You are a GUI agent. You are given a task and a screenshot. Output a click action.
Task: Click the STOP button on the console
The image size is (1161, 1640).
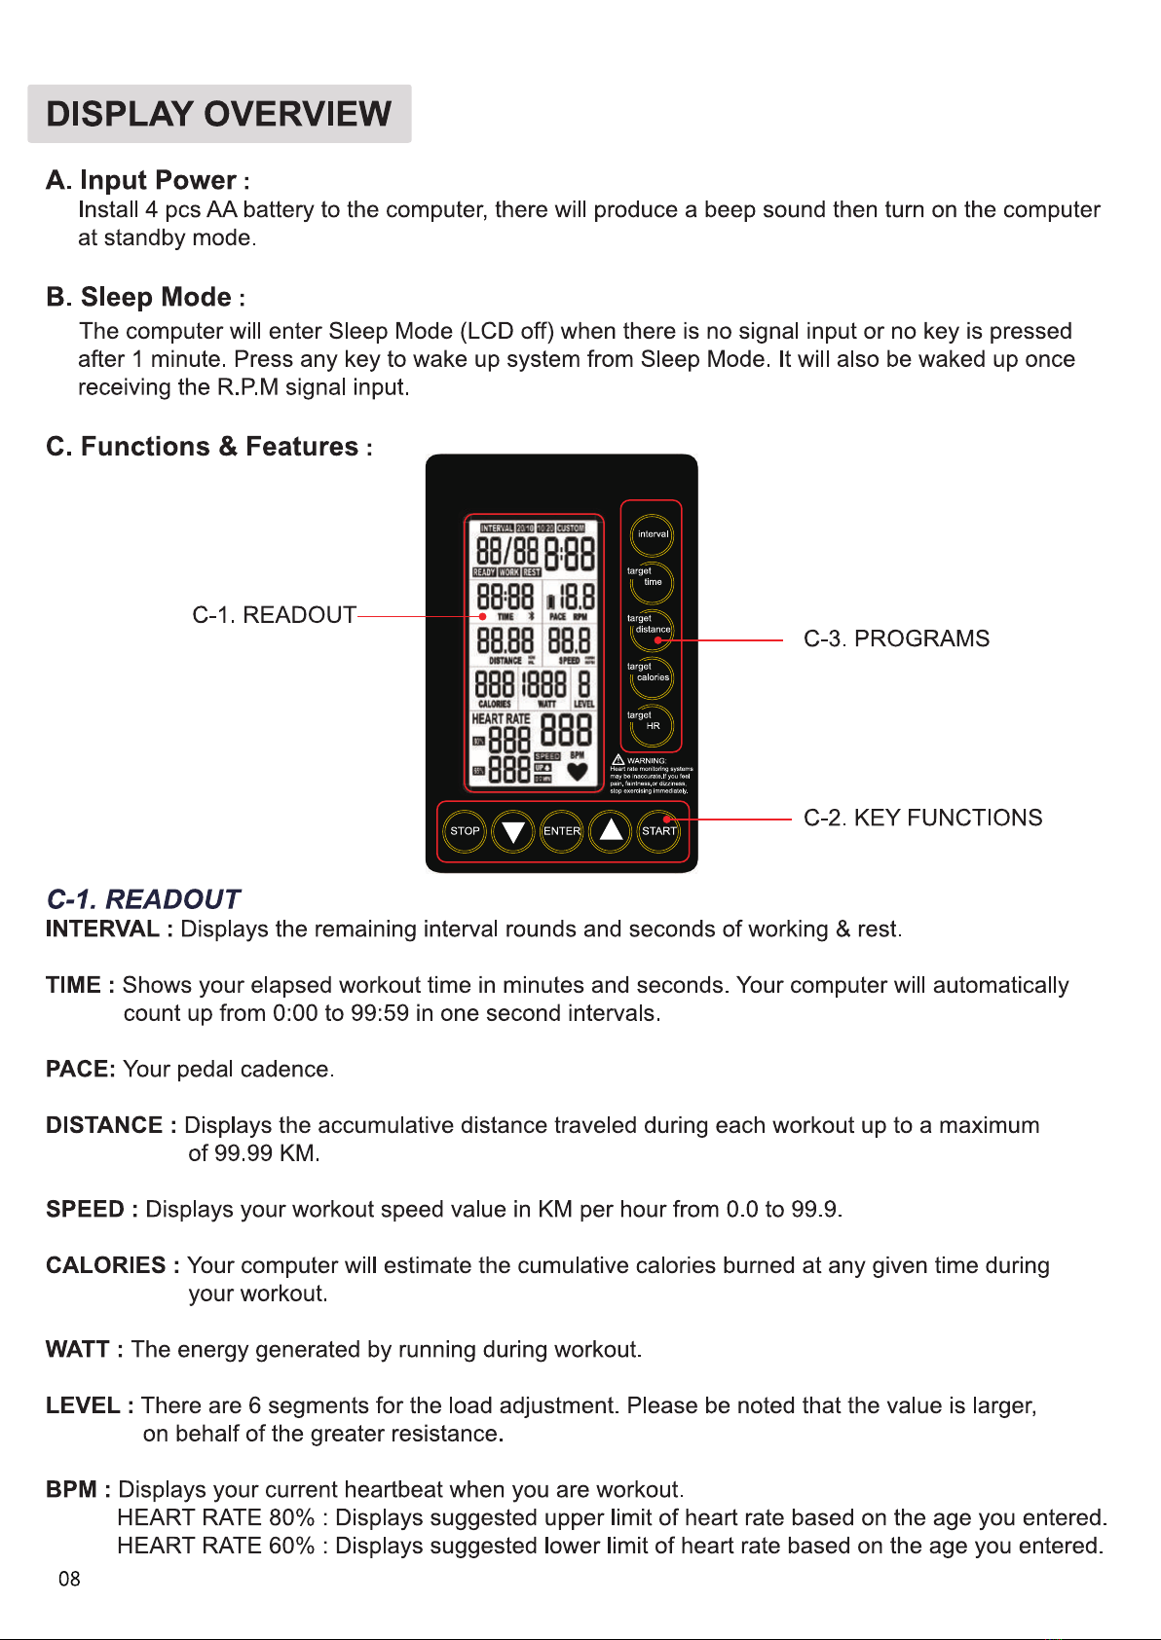tap(465, 831)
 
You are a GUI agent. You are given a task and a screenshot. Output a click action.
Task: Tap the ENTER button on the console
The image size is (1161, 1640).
tap(561, 831)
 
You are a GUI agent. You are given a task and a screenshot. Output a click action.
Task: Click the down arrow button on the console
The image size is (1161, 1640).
tap(513, 832)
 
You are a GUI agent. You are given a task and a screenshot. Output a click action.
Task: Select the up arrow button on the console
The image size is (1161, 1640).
tap(611, 830)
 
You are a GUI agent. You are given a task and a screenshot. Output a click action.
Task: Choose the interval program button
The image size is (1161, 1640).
tap(653, 534)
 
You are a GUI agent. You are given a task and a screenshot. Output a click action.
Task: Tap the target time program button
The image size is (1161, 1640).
tap(653, 582)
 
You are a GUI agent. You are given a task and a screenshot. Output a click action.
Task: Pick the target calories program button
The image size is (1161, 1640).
tap(653, 677)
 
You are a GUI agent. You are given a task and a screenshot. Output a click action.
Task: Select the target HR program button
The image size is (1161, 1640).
tap(653, 726)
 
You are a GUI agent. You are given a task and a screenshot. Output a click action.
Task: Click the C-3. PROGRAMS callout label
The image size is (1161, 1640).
tap(896, 638)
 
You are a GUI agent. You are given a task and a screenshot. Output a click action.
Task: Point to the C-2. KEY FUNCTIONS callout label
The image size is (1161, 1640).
tap(922, 818)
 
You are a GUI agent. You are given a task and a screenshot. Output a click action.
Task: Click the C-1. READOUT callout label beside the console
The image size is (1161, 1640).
tap(274, 615)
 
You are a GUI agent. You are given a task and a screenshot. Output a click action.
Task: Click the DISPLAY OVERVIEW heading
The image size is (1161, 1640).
tap(219, 114)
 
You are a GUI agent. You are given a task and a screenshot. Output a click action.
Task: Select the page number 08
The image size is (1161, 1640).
tap(69, 1579)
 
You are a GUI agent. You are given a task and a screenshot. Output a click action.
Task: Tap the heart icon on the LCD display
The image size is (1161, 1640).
tap(578, 772)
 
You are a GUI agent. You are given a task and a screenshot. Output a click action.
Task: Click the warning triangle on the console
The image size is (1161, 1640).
tap(618, 760)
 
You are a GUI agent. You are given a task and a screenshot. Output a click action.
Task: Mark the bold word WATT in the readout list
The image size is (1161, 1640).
tap(77, 1349)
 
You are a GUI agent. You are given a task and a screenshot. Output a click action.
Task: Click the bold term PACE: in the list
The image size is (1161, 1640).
tap(80, 1069)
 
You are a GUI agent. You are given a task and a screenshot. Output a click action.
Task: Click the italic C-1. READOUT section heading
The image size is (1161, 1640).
tap(143, 898)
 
